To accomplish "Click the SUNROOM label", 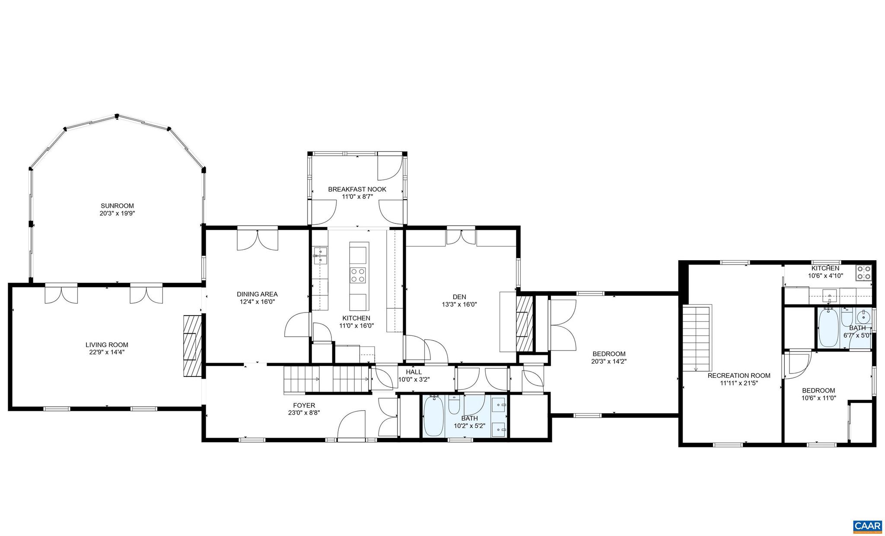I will tap(117, 206).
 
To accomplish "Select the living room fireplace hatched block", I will tap(193, 346).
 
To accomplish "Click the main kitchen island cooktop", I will tap(358, 275).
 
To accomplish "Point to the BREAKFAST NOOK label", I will tap(357, 189).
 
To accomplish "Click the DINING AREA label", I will tap(257, 294).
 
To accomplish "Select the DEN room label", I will tap(459, 297).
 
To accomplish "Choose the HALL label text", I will tap(414, 372).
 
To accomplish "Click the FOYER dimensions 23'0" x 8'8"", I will tap(304, 413).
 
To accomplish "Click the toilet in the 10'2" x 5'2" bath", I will tap(454, 405).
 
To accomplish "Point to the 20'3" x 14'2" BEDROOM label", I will tap(609, 354).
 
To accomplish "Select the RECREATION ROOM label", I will tap(739, 376).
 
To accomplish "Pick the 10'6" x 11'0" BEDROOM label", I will tap(818, 390).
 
